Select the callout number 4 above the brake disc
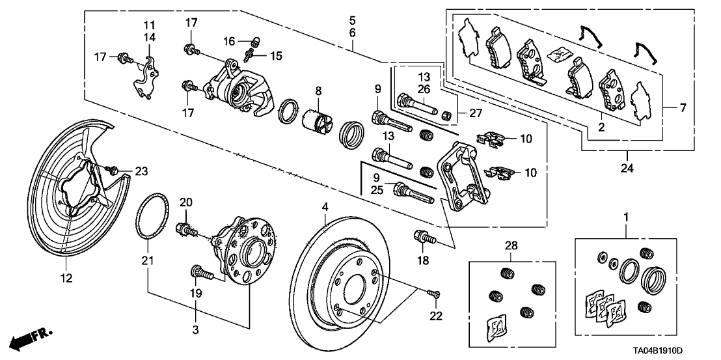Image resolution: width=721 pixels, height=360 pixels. pos(325,208)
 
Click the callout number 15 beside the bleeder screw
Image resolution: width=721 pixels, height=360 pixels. pos(276,56)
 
